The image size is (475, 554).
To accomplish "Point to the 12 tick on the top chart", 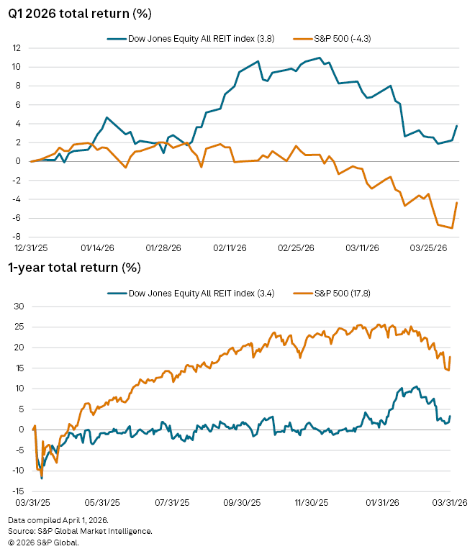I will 15,48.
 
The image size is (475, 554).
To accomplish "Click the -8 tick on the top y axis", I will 16,237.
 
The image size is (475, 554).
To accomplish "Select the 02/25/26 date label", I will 296,248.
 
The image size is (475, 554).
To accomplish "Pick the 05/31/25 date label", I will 101,502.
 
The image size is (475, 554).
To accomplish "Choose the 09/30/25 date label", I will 242,502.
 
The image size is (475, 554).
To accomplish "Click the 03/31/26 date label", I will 451,502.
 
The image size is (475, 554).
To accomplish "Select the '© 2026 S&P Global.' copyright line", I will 43,542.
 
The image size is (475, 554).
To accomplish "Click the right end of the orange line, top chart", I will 457,202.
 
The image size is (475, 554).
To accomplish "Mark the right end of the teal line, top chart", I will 457,126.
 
